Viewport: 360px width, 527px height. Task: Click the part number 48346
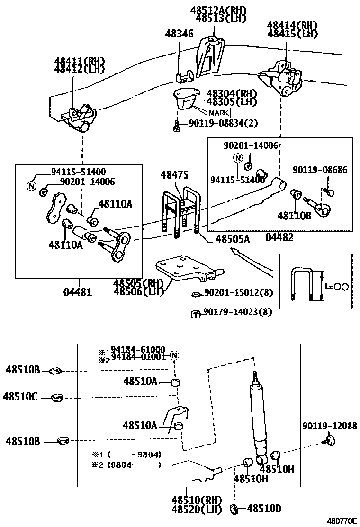179,34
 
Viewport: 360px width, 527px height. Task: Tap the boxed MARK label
218,113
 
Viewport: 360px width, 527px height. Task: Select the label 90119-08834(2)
223,123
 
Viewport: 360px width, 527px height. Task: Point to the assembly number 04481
78,292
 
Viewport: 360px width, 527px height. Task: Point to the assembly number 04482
279,237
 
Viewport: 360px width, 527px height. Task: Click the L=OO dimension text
338,286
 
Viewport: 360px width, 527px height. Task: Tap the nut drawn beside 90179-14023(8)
194,313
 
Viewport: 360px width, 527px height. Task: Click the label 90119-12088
329,426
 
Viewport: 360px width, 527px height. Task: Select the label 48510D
264,509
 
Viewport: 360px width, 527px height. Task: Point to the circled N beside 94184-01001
174,356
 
